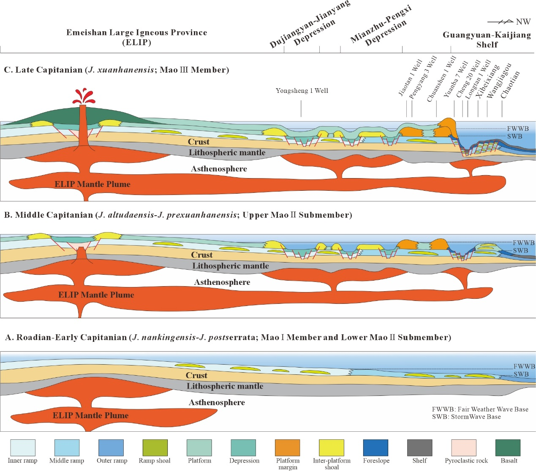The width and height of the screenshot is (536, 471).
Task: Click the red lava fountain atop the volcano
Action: pyautogui.click(x=84, y=97)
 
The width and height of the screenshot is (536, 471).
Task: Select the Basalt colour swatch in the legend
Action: pyautogui.click(x=508, y=448)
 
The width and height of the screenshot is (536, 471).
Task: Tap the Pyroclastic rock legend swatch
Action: pyautogui.click(x=464, y=448)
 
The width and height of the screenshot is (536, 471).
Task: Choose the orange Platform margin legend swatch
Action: pyautogui.click(x=287, y=448)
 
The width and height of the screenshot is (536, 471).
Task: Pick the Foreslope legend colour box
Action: pyautogui.click(x=375, y=448)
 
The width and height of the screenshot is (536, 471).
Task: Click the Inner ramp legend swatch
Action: pyautogui.click(x=23, y=448)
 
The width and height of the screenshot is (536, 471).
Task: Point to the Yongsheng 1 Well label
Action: pyautogui.click(x=302, y=91)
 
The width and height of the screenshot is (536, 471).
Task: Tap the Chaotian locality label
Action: pyautogui.click(x=510, y=84)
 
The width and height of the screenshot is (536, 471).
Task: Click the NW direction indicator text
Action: pyautogui.click(x=523, y=22)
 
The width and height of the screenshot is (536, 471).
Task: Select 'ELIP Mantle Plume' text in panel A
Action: pyautogui.click(x=90, y=415)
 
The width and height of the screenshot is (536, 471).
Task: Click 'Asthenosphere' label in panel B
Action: pyautogui.click(x=222, y=282)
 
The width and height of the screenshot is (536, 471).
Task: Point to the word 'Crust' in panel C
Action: pyautogui.click(x=199, y=142)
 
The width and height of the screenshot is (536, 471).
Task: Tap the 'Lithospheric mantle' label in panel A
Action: pyautogui.click(x=225, y=386)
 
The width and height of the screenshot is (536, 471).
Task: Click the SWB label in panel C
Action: pyautogui.click(x=514, y=136)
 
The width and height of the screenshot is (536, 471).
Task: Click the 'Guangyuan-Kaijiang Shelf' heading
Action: pyautogui.click(x=487, y=40)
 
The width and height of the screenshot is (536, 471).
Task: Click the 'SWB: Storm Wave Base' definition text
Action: pyautogui.click(x=466, y=417)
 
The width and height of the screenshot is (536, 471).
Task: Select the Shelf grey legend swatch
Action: pyautogui.click(x=419, y=448)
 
